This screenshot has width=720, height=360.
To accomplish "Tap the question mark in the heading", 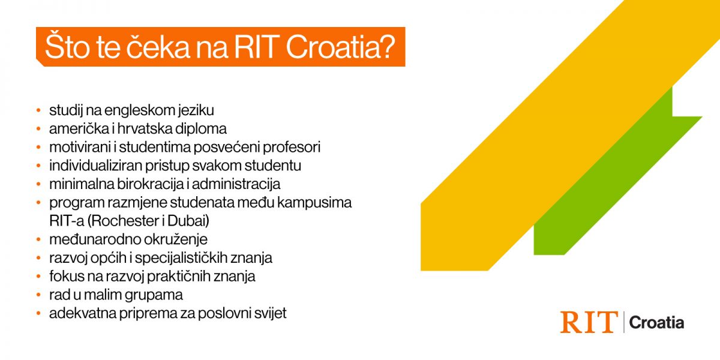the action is pos(388,47).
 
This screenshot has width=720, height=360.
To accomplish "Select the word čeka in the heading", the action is pos(157,47).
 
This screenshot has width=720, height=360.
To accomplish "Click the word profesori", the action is pos(291,148).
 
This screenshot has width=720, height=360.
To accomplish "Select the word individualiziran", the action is pos(95,166).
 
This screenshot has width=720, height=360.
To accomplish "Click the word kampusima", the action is pos(314,203).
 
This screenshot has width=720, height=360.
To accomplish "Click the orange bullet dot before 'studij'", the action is pos(38,110).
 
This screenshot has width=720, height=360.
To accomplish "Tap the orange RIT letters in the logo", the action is pos(589,322).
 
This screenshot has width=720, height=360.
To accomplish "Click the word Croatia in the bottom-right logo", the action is pos(656,323).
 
